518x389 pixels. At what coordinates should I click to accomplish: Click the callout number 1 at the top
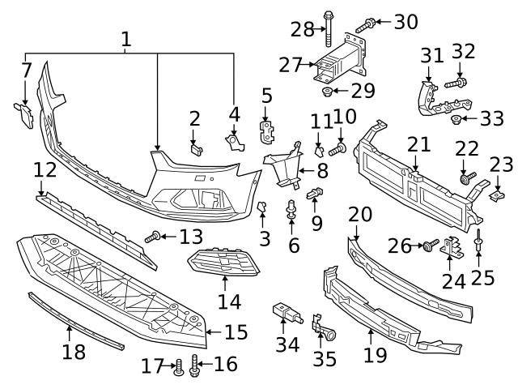pos(125,38)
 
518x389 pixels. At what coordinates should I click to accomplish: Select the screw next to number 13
pos(151,237)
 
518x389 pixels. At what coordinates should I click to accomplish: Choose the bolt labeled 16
pos(195,365)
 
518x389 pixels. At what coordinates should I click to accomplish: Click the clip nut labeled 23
pos(498,194)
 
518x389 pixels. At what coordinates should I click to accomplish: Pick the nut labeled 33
pos(456,120)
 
